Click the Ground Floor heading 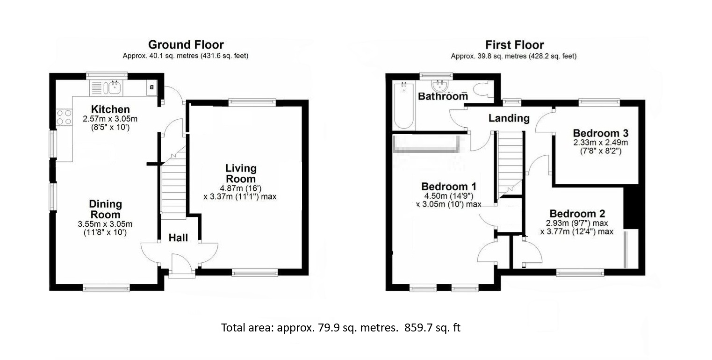click(x=186, y=45)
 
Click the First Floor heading click(x=514, y=45)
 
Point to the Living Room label click(x=241, y=173)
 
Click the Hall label click(x=178, y=238)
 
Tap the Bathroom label click(x=443, y=96)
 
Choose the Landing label click(x=509, y=118)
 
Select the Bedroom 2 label click(x=577, y=214)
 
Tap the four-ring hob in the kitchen click(x=64, y=117)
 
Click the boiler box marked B click(x=152, y=87)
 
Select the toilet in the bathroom click(x=481, y=89)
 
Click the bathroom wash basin click(x=439, y=86)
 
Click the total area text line click(x=341, y=328)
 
